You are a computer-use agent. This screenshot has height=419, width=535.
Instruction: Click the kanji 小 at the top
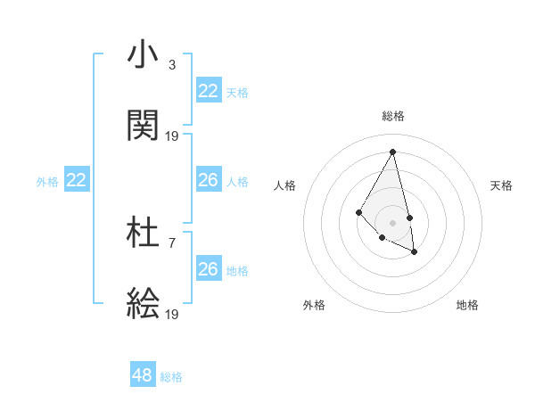click(144, 55)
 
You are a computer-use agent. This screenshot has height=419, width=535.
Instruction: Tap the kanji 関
click(144, 126)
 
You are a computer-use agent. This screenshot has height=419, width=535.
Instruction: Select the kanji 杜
click(144, 234)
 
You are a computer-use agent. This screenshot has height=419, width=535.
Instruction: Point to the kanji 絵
click(144, 304)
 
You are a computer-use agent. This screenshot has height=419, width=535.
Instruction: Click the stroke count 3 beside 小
click(172, 65)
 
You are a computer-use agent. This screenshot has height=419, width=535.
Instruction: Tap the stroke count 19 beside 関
click(172, 136)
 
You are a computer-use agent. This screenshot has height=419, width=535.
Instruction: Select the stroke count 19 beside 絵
click(172, 314)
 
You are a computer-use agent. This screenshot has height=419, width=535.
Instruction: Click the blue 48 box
click(143, 375)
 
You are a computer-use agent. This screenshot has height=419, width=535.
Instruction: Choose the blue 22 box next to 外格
click(77, 180)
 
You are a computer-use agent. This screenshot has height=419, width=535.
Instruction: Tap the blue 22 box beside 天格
click(209, 91)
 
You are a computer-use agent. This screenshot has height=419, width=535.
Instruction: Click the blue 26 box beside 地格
click(209, 269)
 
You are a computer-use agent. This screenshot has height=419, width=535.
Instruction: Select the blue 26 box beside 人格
click(209, 180)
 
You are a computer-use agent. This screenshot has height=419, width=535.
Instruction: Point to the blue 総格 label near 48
click(171, 377)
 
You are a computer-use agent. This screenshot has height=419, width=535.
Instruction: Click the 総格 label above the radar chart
click(393, 116)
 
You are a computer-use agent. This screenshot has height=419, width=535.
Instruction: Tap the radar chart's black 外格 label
click(314, 305)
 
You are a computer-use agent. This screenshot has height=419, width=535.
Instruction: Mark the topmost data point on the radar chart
click(393, 152)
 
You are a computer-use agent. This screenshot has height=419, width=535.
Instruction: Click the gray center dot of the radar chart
click(393, 222)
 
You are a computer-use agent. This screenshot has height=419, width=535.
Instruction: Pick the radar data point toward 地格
click(415, 252)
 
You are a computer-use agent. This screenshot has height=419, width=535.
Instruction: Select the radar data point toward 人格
click(359, 211)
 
